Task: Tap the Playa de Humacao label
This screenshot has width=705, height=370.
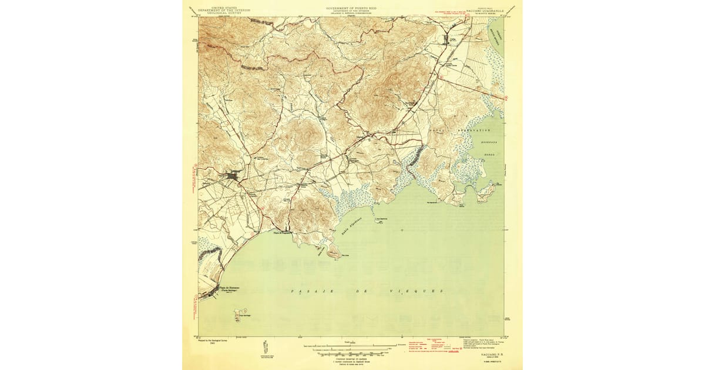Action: pos(229,287)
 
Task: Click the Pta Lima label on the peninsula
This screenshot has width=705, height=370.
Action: pos(333,255)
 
